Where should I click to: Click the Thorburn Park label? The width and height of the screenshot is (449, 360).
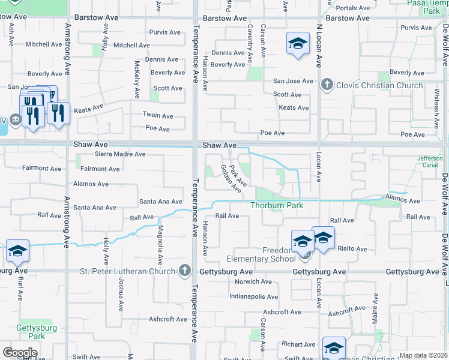(277, 205)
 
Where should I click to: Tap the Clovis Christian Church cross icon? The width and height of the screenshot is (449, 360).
(327, 85)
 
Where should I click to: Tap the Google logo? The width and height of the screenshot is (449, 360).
(20, 352)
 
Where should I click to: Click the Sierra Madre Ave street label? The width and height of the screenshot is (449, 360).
(120, 154)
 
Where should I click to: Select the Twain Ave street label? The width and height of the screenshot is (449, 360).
(158, 116)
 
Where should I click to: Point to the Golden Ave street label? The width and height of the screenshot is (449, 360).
(231, 179)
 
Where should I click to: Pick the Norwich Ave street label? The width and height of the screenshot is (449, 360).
(255, 281)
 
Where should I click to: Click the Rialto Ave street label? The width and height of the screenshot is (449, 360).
(352, 248)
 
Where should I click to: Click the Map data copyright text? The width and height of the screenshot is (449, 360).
(423, 355)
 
